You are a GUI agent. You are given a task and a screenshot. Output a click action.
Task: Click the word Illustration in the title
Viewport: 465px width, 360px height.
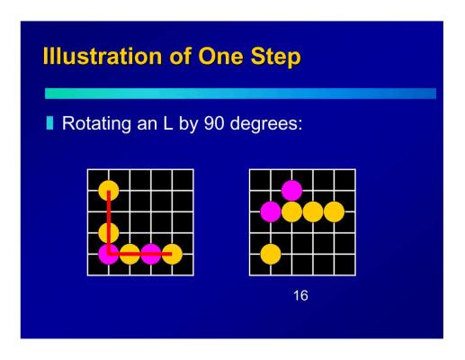(103, 56)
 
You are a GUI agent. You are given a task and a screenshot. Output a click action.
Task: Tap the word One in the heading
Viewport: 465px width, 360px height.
(220, 56)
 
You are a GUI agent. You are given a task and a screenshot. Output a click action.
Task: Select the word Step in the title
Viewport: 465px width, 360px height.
(275, 57)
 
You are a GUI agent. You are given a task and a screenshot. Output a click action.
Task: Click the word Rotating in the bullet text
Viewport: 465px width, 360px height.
(96, 123)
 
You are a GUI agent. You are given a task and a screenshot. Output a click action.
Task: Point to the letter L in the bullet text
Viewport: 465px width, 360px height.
(168, 123)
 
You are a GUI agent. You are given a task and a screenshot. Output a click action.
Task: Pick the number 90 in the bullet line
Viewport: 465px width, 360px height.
(214, 123)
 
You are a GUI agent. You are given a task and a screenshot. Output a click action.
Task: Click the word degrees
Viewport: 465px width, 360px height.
(266, 123)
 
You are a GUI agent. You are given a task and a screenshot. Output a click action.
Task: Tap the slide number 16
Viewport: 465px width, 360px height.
(300, 295)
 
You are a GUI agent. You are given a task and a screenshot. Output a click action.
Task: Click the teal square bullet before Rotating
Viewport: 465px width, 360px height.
(49, 123)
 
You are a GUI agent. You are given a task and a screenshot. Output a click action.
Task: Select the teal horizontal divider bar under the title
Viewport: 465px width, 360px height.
(240, 94)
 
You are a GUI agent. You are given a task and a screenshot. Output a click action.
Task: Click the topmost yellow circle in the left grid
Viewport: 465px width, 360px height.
(109, 190)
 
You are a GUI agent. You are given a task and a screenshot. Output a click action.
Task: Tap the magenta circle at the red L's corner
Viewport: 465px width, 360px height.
(109, 254)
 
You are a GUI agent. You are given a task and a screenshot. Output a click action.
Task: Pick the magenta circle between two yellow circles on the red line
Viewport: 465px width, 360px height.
(151, 254)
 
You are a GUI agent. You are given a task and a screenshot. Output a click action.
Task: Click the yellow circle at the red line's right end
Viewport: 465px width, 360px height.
(172, 254)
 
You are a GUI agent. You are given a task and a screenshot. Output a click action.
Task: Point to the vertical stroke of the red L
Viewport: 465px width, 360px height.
(109, 222)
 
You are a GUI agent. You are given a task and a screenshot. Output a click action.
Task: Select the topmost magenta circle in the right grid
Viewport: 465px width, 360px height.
(291, 190)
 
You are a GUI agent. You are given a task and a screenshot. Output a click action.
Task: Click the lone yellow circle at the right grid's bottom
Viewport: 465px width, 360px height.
(271, 254)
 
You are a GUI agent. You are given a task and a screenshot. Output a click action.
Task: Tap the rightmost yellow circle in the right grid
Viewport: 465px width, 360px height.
(335, 211)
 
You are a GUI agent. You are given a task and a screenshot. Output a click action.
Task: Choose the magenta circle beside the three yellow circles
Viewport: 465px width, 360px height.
(271, 211)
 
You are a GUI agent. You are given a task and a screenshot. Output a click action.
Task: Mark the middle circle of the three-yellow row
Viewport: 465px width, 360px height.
(313, 211)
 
